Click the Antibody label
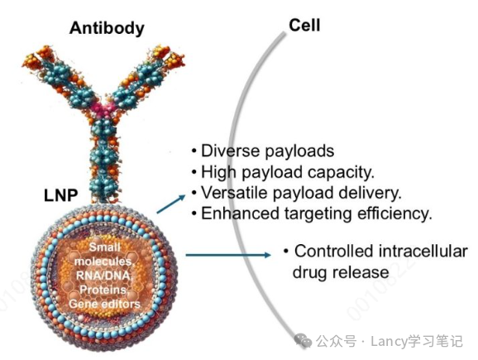coord(107,27)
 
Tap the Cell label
coord(304,25)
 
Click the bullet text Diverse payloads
coord(262,151)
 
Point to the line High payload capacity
coord(276,173)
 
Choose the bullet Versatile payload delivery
coord(296,193)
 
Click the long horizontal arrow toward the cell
coord(227,254)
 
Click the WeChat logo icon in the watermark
coord(302,339)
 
